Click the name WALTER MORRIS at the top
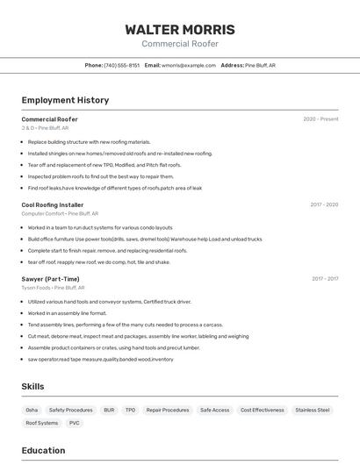[x=180, y=29]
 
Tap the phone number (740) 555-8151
[x=121, y=65]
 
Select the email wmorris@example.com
[x=189, y=65]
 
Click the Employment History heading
[x=65, y=100]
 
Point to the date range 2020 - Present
[x=320, y=119]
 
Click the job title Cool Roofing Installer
[x=53, y=204]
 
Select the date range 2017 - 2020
[x=324, y=204]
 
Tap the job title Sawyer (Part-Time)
[x=50, y=279]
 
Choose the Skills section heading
[x=32, y=386]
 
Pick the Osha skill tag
[x=32, y=410]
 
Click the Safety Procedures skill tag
[x=70, y=410]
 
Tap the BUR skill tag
[x=109, y=410]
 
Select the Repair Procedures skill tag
[x=168, y=410]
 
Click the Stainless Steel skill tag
[x=313, y=410]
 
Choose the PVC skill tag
[x=75, y=423]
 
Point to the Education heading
[x=43, y=451]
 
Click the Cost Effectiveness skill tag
[x=263, y=410]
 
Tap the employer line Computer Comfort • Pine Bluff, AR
[x=60, y=213]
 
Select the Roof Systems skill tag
[x=41, y=423]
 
